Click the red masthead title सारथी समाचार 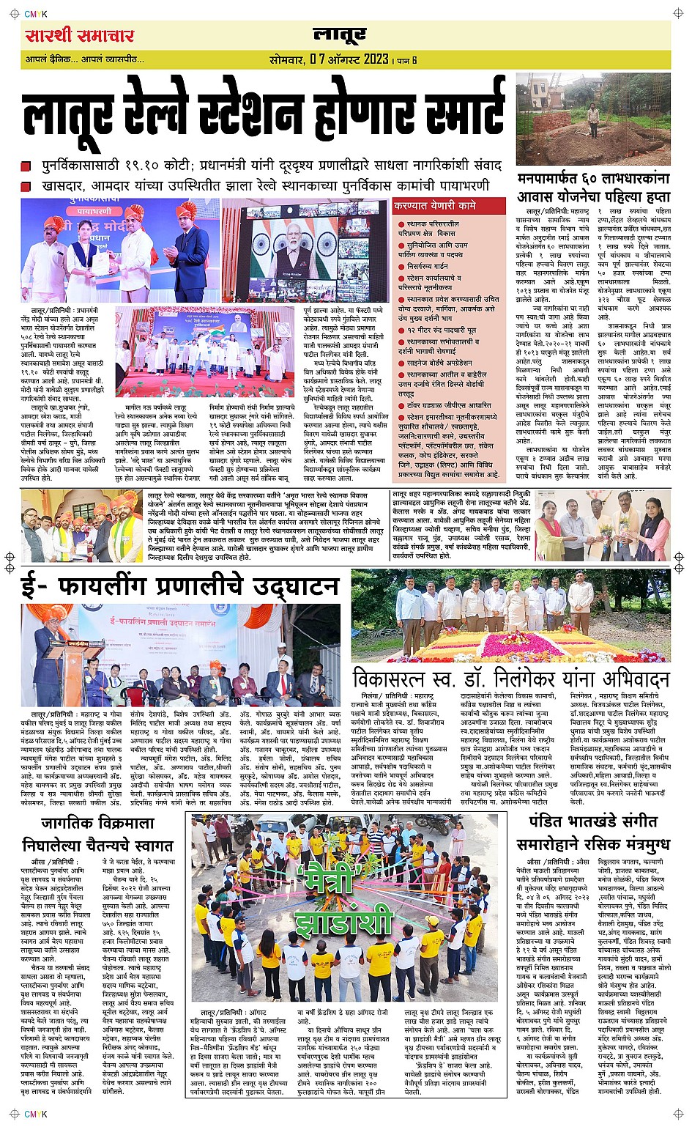79,35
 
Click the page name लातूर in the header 340,34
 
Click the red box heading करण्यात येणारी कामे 435,206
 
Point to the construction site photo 593,119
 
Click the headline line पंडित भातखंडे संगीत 592,821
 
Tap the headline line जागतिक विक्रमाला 97,823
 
